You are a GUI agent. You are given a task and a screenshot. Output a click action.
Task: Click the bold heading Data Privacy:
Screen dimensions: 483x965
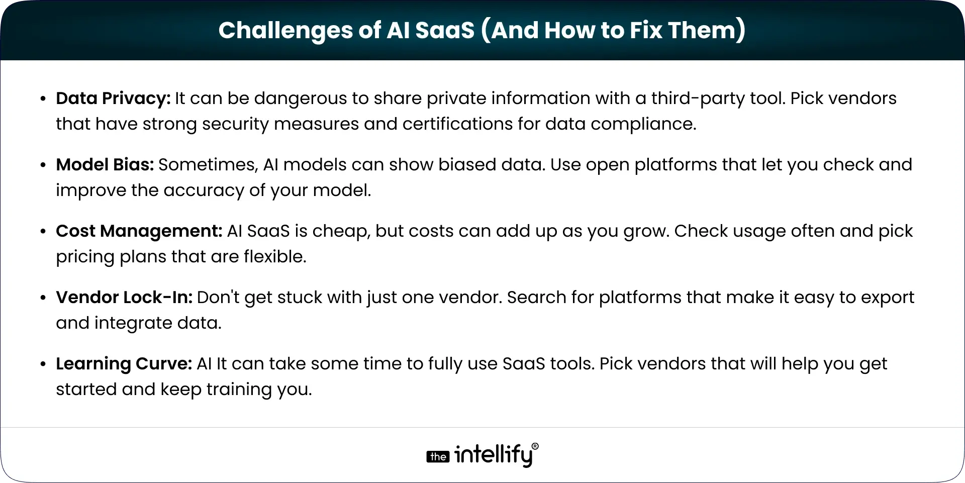113,99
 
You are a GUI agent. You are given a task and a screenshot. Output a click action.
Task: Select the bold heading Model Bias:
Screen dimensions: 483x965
105,165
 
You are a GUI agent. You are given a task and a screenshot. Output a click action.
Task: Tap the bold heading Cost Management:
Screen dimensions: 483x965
139,231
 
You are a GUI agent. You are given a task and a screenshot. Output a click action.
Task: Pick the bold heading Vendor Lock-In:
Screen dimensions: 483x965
124,298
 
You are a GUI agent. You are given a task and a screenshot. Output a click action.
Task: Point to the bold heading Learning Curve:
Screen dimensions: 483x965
124,364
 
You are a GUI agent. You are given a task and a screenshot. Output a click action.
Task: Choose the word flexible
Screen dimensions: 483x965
275,257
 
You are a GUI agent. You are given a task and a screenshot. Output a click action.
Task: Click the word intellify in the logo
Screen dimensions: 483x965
493,455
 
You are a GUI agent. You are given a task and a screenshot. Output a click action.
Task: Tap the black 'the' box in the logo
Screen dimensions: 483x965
438,457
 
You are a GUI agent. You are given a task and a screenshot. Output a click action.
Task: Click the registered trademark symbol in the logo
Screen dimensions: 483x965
535,446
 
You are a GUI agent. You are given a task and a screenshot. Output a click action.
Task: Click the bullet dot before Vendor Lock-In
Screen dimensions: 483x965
43,298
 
